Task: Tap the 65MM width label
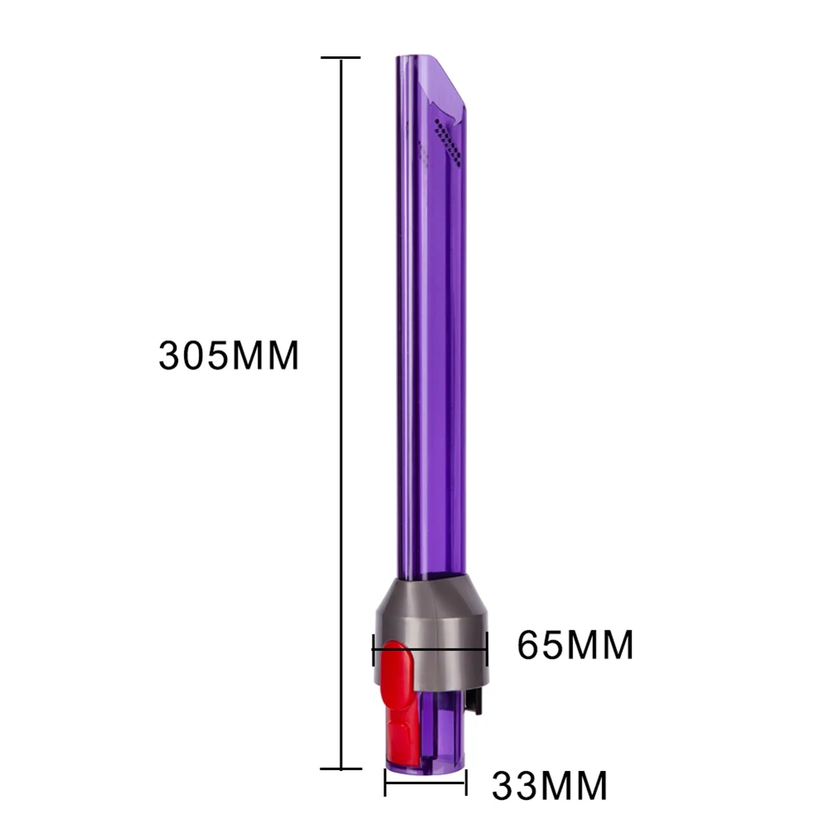(x=576, y=645)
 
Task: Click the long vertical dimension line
(x=342, y=414)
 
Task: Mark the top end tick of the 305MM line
(x=341, y=58)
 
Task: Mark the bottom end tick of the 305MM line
(x=341, y=769)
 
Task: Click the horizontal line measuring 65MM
(x=431, y=650)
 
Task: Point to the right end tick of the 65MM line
(x=487, y=650)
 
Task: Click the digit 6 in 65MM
(x=531, y=645)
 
